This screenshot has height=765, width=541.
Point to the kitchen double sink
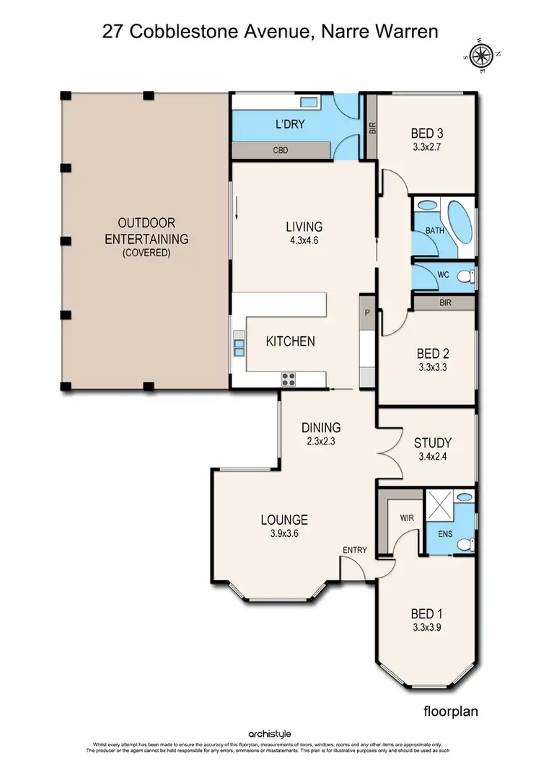238,349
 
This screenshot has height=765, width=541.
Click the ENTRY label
355,550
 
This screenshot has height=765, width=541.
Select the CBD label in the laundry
281,150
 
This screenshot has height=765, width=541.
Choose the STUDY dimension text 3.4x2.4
432,457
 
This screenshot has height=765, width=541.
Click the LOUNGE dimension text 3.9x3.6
283,534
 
